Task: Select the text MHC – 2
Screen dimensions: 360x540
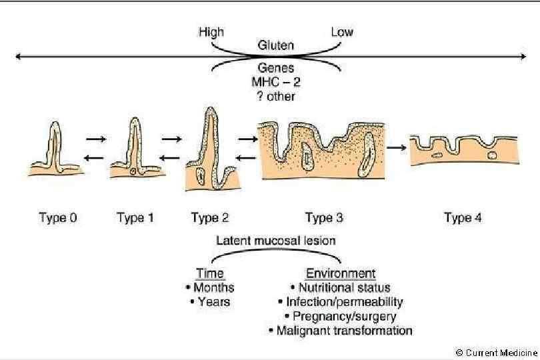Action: point(276,83)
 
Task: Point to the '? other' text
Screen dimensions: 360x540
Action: point(276,96)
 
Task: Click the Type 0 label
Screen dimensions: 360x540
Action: point(58,217)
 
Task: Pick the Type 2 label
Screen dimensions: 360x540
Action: point(209,217)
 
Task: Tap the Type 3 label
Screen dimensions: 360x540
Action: point(323,217)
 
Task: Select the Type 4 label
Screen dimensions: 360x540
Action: point(463,217)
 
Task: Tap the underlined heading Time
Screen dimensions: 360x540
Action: point(210,274)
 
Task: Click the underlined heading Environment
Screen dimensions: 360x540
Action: point(340,274)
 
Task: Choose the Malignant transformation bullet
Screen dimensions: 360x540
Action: point(340,330)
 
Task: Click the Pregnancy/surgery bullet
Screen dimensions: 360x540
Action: point(340,316)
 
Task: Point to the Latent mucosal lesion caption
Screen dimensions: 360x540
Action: point(276,240)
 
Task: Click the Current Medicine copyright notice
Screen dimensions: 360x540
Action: point(496,352)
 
